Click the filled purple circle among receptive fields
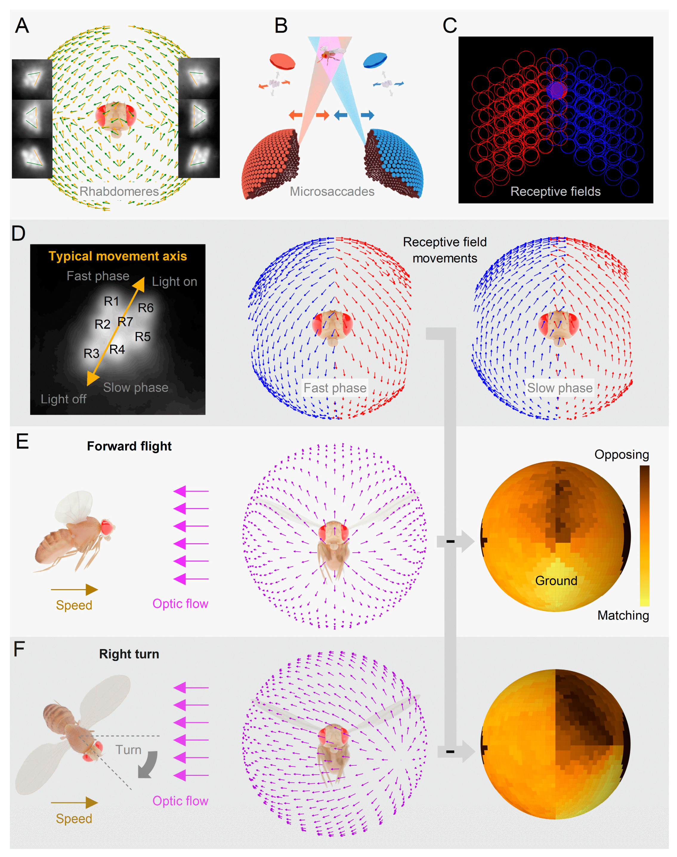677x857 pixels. pyautogui.click(x=557, y=90)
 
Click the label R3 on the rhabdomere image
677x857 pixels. pyautogui.click(x=91, y=353)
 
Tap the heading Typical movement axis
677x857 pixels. pyautogui.click(x=118, y=256)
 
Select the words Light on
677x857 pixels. pyautogui.click(x=174, y=282)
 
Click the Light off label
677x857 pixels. pyautogui.click(x=64, y=399)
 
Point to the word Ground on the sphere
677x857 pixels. pyautogui.click(x=556, y=581)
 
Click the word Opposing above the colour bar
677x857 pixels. pyautogui.click(x=622, y=454)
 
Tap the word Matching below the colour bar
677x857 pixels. pyautogui.click(x=623, y=616)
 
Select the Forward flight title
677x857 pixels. pyautogui.click(x=129, y=446)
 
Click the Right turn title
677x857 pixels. pyautogui.click(x=129, y=654)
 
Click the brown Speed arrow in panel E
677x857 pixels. pyautogui.click(x=75, y=590)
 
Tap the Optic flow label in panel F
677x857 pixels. pyautogui.click(x=180, y=801)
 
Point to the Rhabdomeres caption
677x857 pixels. pyautogui.click(x=119, y=192)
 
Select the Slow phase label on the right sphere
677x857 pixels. pyautogui.click(x=560, y=388)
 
